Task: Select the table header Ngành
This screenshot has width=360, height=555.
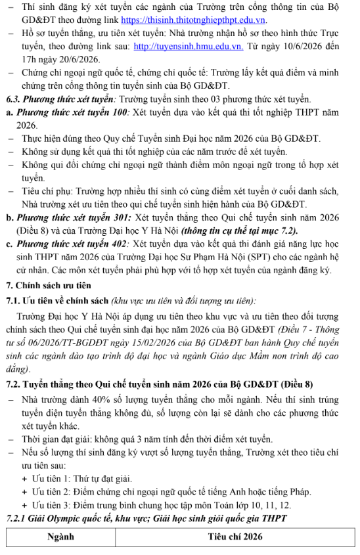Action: (x=60, y=537)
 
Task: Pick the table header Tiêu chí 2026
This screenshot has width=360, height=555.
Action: (x=235, y=537)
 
